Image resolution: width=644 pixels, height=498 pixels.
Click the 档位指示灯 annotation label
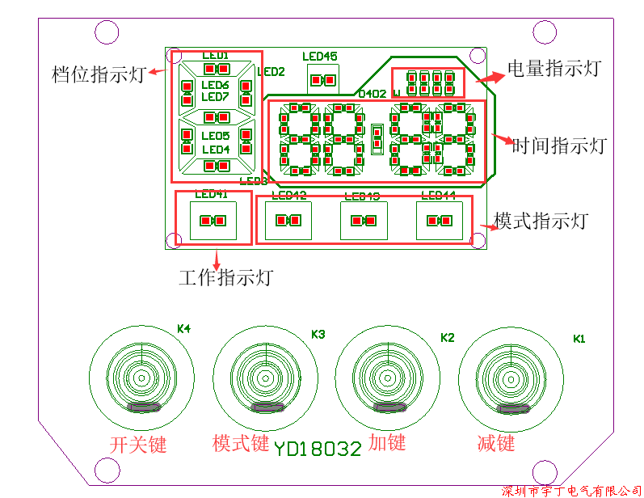point(98,74)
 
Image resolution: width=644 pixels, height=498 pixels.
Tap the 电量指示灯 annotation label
point(554,69)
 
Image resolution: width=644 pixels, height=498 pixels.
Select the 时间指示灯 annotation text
point(560,146)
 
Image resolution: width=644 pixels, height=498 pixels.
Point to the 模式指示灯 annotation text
point(541,221)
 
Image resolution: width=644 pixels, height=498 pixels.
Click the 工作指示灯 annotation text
point(225,278)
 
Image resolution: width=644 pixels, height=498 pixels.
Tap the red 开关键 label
point(138,445)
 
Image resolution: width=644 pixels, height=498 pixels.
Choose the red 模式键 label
point(241,443)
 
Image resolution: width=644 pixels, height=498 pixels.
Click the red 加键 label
point(387,442)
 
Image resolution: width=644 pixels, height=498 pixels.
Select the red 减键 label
point(496,443)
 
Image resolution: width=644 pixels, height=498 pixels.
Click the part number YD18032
point(317,449)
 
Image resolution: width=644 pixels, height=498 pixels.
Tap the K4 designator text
point(183,329)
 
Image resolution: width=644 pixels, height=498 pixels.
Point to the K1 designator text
point(579,338)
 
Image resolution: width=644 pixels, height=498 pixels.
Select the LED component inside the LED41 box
point(213,221)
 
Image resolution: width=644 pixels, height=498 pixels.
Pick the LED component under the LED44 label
point(439,221)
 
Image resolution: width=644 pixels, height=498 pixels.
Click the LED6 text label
point(215,86)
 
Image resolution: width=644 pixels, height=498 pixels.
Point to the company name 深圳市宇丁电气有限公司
point(571,491)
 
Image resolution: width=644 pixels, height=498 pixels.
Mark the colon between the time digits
point(377,138)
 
